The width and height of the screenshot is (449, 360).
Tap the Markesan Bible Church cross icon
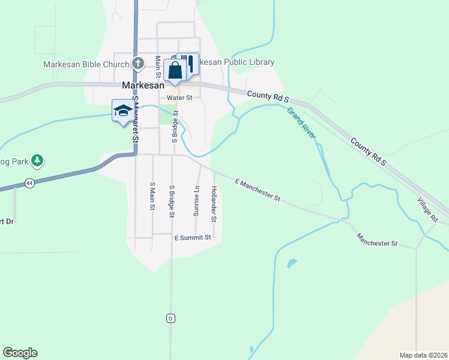[137, 63]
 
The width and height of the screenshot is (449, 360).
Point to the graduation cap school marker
[122, 111]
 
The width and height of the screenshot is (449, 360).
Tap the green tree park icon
[37, 160]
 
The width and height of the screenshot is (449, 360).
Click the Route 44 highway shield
[28, 183]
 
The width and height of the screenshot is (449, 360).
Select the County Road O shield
[171, 317]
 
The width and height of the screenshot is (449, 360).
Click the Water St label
[179, 97]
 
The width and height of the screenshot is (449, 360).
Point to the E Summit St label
[193, 238]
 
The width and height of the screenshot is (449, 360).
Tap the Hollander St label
[214, 202]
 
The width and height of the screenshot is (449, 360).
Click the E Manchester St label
[258, 188]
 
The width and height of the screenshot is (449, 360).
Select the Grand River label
[301, 123]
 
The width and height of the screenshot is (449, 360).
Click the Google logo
[20, 353]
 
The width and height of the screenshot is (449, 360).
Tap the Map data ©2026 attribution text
[423, 355]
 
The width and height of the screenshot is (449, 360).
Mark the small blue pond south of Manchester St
[291, 263]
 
